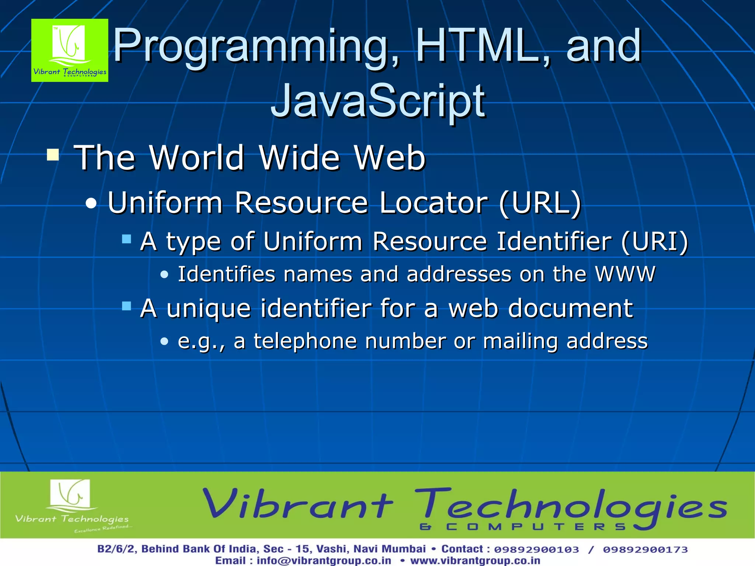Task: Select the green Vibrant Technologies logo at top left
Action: pos(70,50)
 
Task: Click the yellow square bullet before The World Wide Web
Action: pos(53,155)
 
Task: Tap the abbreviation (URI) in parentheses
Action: pos(654,242)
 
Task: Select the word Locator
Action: pos(434,203)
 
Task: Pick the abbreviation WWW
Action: pos(625,274)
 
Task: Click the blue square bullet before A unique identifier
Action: pos(127,306)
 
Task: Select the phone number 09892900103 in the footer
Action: pos(536,549)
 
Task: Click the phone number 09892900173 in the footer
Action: pos(645,549)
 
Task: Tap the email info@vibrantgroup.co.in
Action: pos(324,560)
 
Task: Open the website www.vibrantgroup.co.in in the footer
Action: pos(475,560)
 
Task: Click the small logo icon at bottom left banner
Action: pos(70,494)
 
